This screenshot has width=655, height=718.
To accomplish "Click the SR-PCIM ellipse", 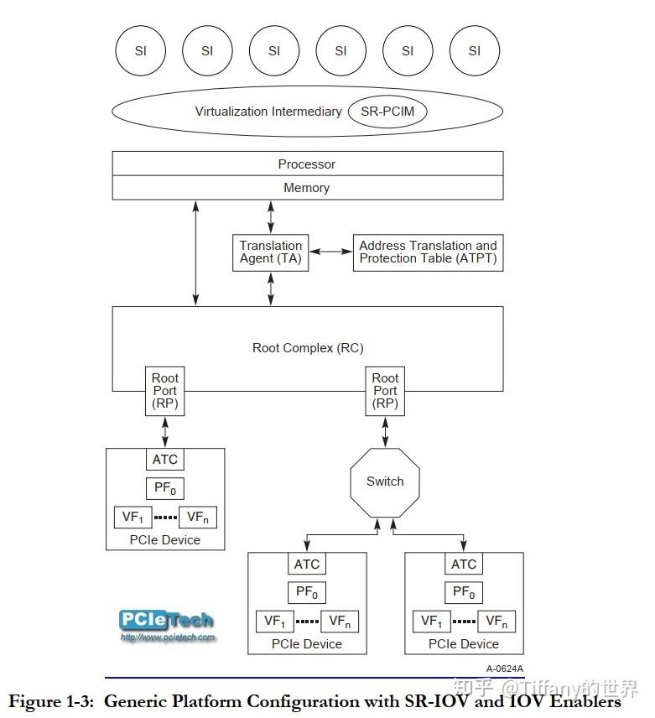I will (387, 111).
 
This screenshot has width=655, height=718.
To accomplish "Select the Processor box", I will (307, 164).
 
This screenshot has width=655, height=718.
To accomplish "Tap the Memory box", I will (307, 188).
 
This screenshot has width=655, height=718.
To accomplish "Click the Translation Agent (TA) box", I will (270, 252).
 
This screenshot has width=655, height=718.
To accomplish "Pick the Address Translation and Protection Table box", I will (428, 252).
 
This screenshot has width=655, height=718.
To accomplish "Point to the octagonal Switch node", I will (385, 481).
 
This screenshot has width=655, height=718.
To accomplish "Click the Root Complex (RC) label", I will (308, 347).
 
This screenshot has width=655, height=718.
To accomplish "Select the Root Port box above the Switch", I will (385, 391).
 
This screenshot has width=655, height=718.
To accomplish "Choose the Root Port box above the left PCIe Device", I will (165, 391).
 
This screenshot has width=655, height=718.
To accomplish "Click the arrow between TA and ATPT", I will (330, 252).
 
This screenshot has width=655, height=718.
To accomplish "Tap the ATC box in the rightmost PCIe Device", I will (464, 565).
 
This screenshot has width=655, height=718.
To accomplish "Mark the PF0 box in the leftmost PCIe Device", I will (165, 488).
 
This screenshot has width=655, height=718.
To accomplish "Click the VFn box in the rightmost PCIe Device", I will (496, 622).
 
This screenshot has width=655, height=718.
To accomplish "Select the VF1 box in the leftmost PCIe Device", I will (133, 518).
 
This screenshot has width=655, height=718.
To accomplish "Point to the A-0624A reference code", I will (504, 669).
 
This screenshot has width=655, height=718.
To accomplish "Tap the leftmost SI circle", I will (140, 50).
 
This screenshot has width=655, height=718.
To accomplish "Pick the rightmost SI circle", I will (475, 50).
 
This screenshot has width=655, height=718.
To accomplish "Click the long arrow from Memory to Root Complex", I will (196, 252).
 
